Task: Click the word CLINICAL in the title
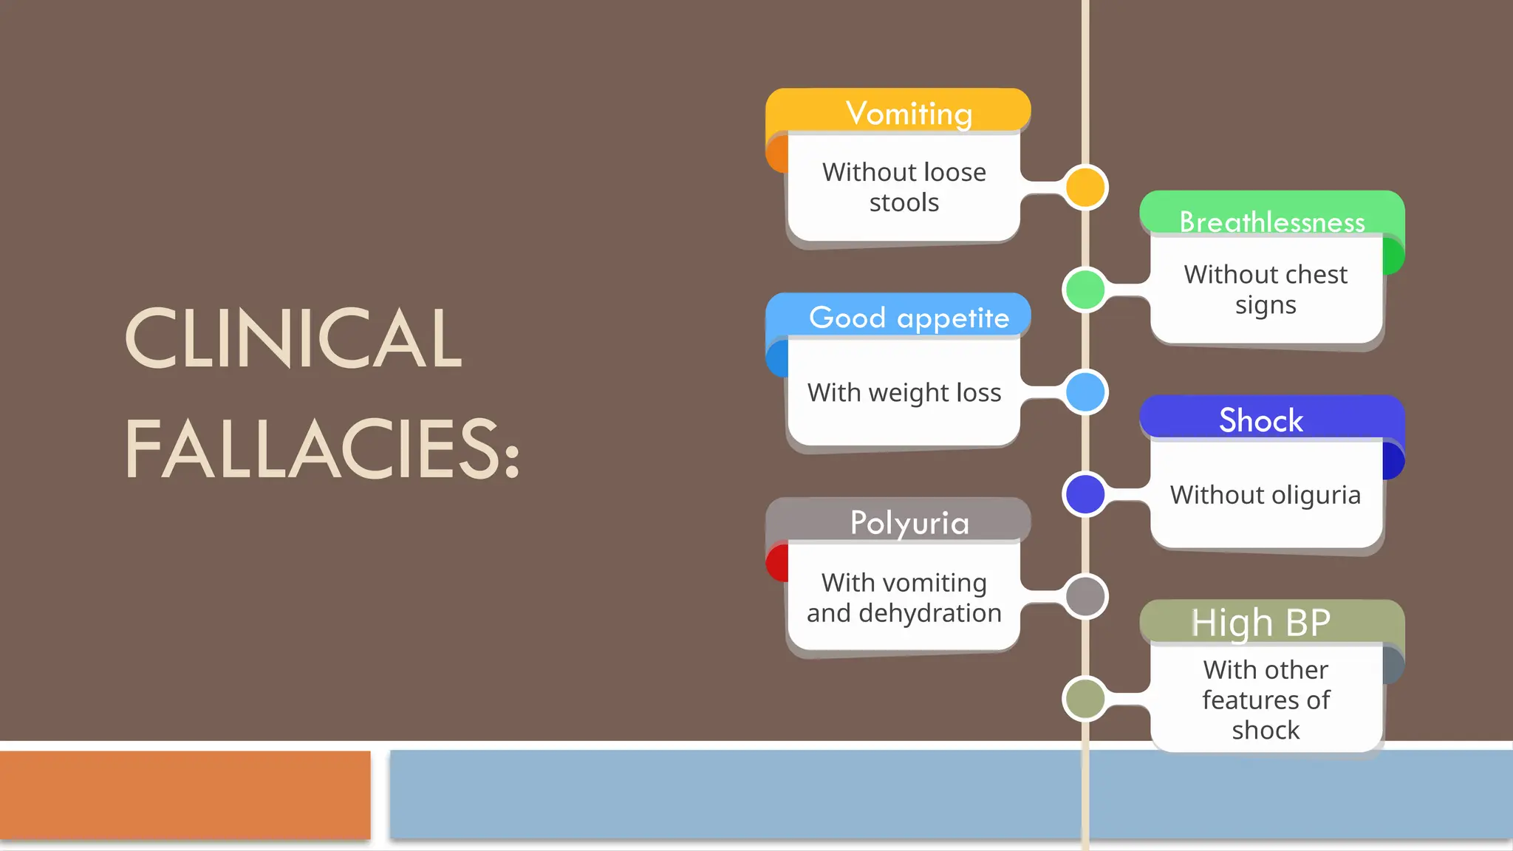tap(293, 338)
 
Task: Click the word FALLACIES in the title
tap(322, 449)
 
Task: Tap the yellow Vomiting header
tap(908, 113)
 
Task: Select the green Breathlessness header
tap(1271, 221)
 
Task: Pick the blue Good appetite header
tap(908, 318)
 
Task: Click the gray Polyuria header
tap(909, 522)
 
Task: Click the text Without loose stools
tap(904, 187)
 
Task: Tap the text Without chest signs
tap(1266, 290)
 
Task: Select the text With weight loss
tap(904, 392)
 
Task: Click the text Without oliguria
tap(1265, 494)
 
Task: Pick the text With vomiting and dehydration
tap(904, 598)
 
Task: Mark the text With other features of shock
tap(1266, 700)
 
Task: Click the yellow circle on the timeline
tap(1085, 187)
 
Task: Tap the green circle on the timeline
tap(1085, 289)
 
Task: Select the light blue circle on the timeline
tap(1085, 392)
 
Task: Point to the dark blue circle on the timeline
tap(1085, 493)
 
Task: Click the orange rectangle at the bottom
tap(185, 795)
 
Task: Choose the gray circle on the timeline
tap(1085, 596)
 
